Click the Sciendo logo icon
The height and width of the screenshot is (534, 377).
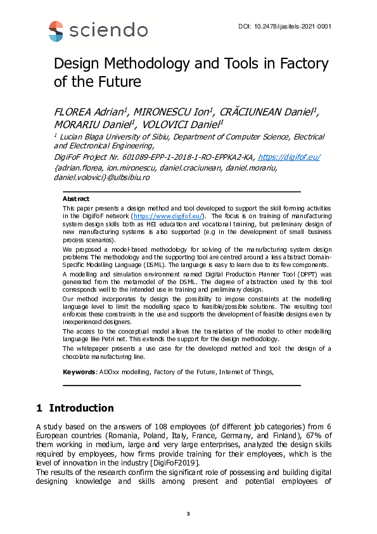tap(56, 30)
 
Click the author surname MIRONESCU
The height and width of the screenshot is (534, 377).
tap(153, 113)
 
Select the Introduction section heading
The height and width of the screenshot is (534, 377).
tap(81, 408)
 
